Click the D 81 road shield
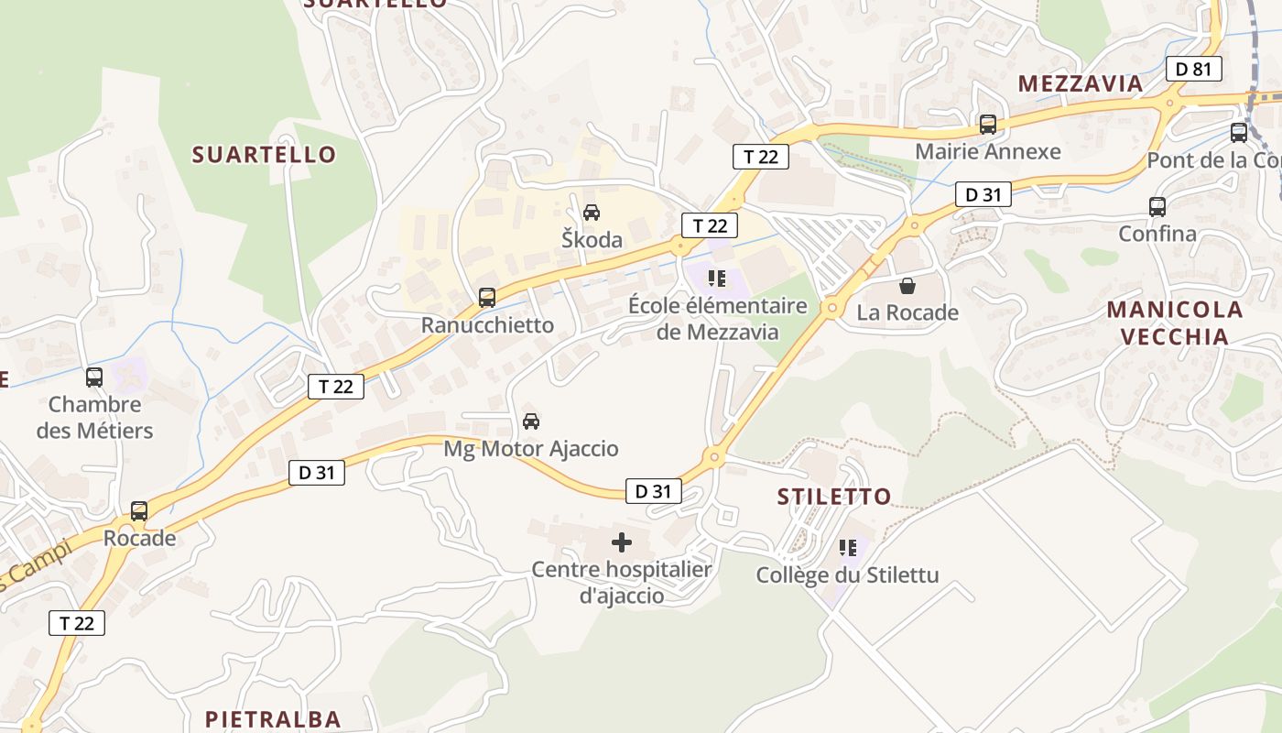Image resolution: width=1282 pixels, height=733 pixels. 1194,68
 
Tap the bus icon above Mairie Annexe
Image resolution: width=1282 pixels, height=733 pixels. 987,124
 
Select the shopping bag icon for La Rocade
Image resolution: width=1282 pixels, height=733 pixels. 907,286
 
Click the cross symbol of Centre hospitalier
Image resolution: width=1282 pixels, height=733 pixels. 621,542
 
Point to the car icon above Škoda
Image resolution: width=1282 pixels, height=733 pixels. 592,213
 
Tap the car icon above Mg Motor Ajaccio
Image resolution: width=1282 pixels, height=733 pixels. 530,421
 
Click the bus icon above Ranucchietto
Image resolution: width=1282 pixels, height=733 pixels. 487,297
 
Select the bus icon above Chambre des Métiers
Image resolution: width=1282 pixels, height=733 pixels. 94,377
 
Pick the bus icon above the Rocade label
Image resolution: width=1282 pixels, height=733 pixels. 139,510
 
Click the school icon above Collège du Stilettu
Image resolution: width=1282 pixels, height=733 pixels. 847,548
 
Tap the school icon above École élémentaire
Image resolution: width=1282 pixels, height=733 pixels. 717,278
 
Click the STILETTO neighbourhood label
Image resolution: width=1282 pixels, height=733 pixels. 833,497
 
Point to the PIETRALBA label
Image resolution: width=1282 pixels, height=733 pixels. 273,719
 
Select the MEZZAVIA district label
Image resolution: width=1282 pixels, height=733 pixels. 1081,83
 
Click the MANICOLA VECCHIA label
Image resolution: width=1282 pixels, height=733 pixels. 1175,323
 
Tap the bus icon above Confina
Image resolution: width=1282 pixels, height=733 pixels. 1157,206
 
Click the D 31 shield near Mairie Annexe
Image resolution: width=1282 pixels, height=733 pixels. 983,194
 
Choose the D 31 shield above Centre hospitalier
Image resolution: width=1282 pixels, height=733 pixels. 654,491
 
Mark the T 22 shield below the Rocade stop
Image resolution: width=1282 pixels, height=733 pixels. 77,623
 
